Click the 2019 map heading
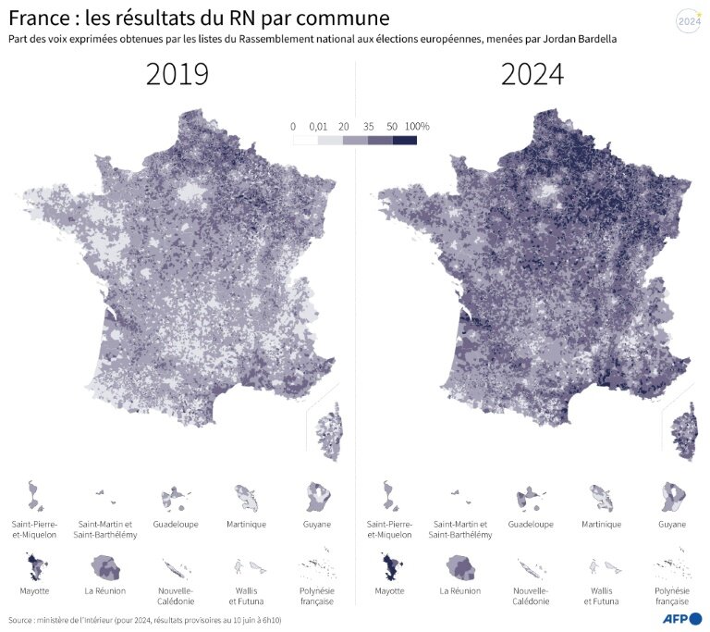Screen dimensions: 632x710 coord(177,75)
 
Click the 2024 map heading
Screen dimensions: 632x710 coord(532,75)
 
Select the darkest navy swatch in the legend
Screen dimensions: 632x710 coord(404,141)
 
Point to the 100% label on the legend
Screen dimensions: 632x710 coord(417,126)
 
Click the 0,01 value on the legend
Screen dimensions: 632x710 coord(318,126)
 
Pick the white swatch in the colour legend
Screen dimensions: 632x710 coord(305,141)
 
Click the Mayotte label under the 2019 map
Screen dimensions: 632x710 coord(34,589)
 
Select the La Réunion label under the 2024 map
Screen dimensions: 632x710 coord(459,589)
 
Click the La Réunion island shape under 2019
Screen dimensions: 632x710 coord(104,566)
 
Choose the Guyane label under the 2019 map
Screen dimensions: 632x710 coord(317,524)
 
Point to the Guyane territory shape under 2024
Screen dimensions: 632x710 coord(672,497)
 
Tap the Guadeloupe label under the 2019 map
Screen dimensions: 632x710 coord(176,524)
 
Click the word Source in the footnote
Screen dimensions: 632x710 coord(23,620)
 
